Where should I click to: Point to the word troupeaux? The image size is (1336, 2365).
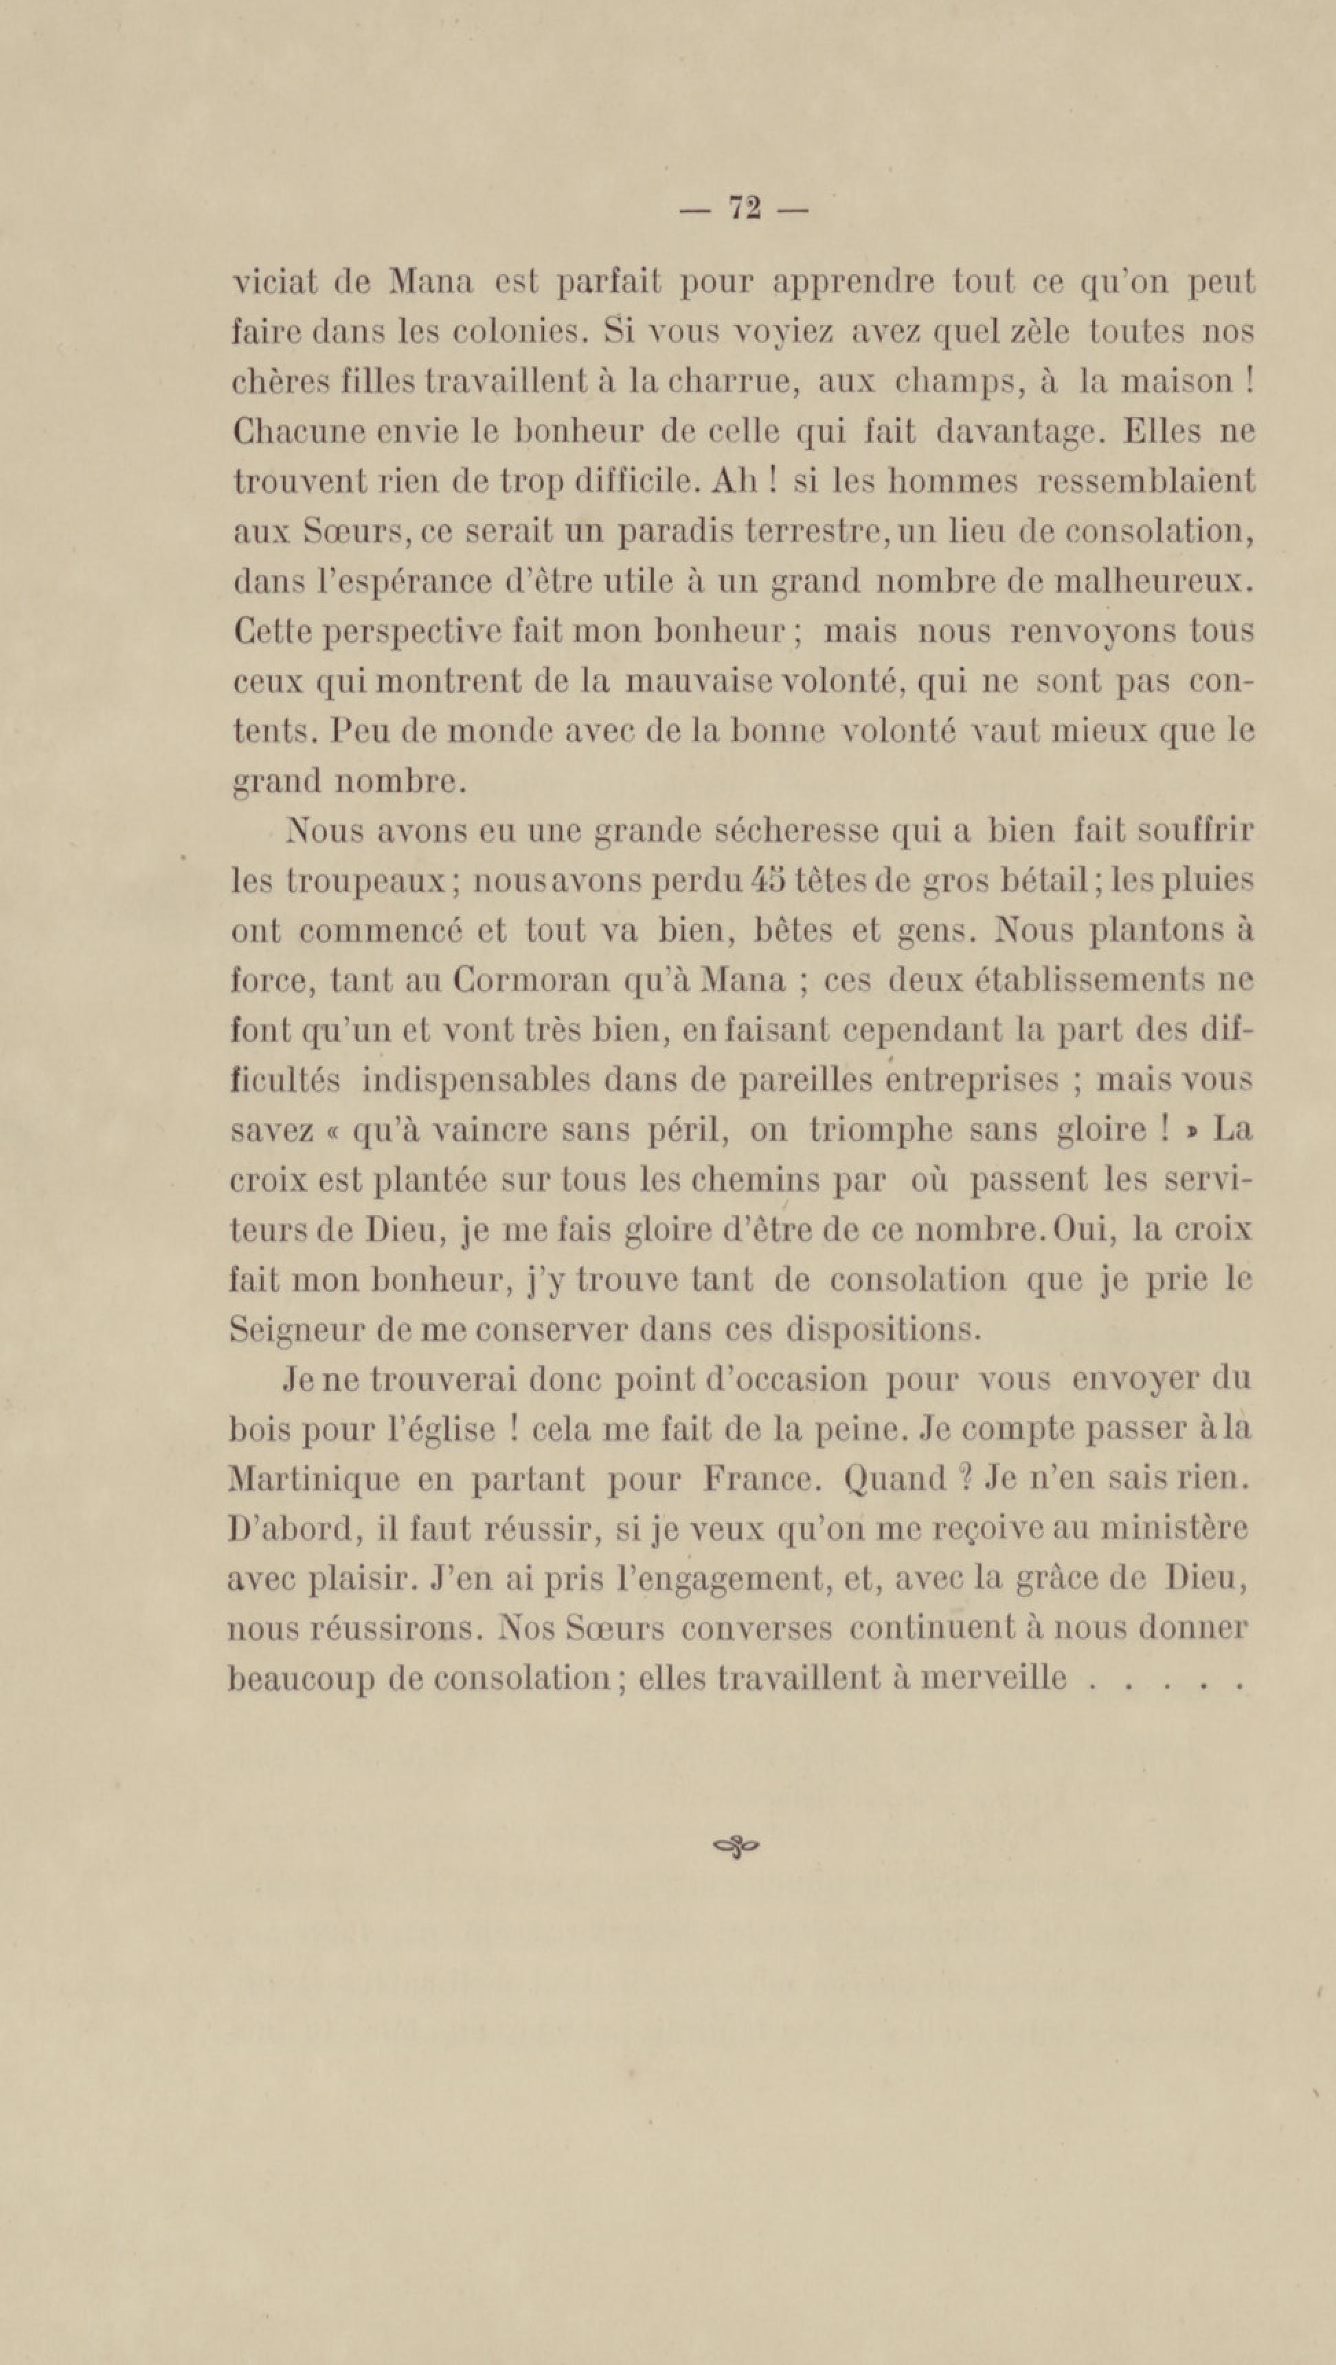[x=365, y=882]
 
